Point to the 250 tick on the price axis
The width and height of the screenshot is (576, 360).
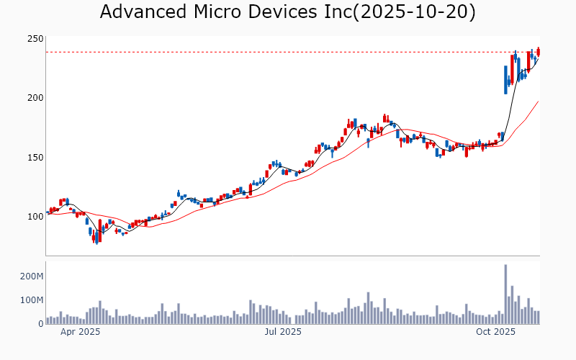click(x=35, y=39)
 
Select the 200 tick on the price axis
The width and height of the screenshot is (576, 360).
click(x=35, y=98)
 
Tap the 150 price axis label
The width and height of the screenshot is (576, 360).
click(x=35, y=157)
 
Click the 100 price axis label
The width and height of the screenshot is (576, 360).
click(x=35, y=217)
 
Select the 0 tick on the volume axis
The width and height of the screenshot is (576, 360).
click(x=40, y=323)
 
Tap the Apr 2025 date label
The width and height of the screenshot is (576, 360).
click(x=80, y=333)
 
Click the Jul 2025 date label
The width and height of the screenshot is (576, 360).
click(x=282, y=333)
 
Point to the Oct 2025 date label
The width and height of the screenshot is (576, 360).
click(x=495, y=333)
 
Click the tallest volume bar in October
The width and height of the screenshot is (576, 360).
click(x=505, y=294)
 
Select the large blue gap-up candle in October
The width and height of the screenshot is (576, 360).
click(x=505, y=79)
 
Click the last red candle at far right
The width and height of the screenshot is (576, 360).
click(x=538, y=51)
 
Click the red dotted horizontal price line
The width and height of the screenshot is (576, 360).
click(x=288, y=52)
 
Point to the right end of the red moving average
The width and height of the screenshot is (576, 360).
click(x=538, y=102)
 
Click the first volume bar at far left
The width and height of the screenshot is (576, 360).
click(x=48, y=320)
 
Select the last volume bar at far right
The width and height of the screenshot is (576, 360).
click(x=538, y=318)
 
